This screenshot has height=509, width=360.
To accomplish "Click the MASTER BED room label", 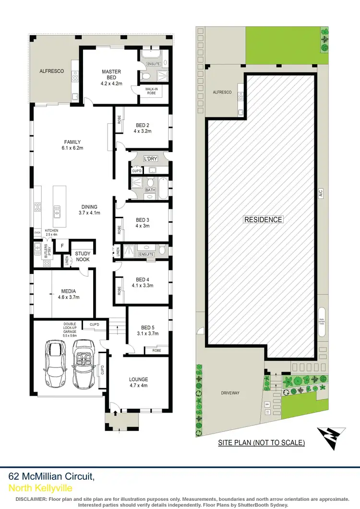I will click(111, 75).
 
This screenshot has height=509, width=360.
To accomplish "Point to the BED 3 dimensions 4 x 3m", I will click(143, 226).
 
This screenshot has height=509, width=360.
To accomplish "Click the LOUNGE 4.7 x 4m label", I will click(138, 382).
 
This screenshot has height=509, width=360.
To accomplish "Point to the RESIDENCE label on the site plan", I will click(263, 219).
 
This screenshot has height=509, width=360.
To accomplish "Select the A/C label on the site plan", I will click(321, 193).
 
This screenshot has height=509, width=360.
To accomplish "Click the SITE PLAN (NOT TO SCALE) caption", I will click(261, 443).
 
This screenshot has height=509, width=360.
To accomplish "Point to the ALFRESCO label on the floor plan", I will click(52, 71).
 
